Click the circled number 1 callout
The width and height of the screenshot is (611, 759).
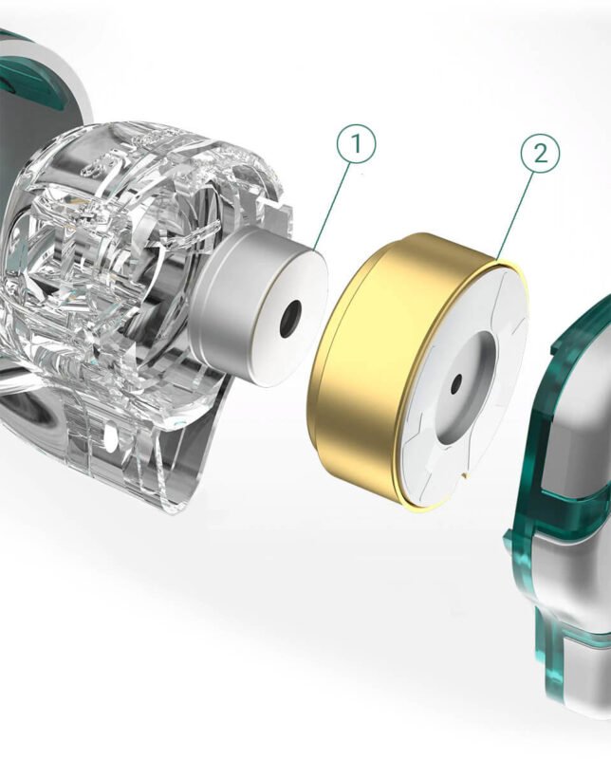(x=357, y=144)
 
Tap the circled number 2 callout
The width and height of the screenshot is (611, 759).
(x=540, y=154)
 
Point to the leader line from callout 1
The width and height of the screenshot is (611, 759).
(x=332, y=205)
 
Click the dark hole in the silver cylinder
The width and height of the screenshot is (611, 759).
(x=291, y=318)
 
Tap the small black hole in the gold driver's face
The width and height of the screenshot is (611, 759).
(x=456, y=385)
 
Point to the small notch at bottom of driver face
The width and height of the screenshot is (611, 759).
(x=466, y=476)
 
